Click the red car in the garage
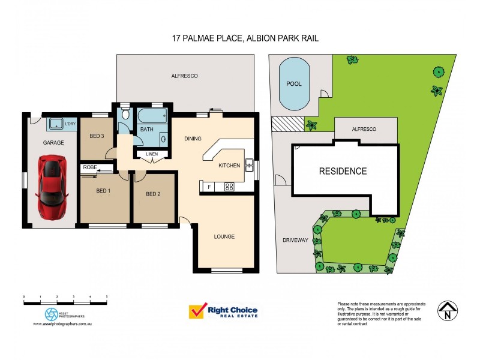click(x=52, y=187)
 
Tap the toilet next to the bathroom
click(x=125, y=113)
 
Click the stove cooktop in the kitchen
click(x=229, y=187)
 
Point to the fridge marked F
click(x=209, y=187)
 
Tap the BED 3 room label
click(x=97, y=136)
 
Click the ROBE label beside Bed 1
click(x=90, y=167)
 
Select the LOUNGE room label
click(x=224, y=236)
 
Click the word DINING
click(x=193, y=139)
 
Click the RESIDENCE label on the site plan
click(x=343, y=171)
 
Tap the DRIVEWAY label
click(x=295, y=240)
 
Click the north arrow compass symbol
click(x=446, y=310)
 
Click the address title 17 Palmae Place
click(x=244, y=38)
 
